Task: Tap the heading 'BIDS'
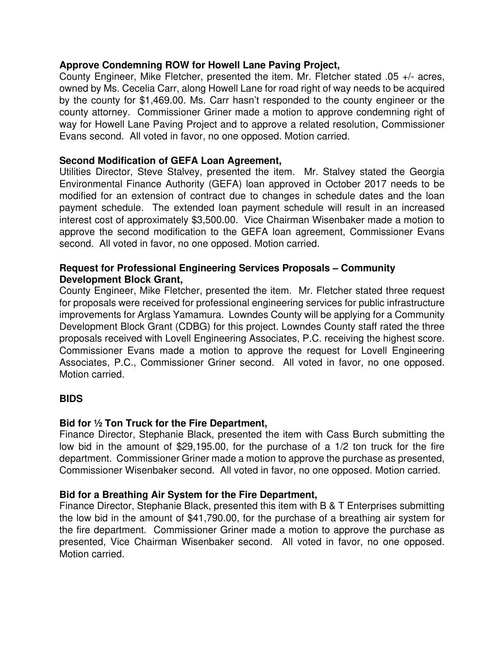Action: (71, 399)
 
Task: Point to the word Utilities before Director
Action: (75, 172)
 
